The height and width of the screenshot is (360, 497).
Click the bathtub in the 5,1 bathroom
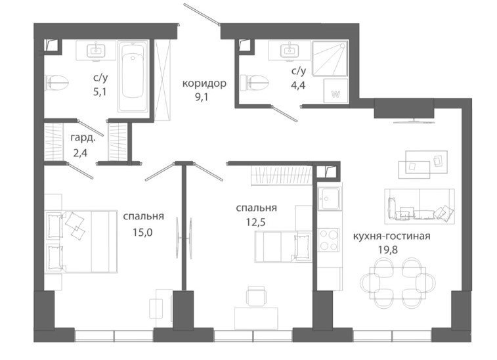click(x=133, y=76)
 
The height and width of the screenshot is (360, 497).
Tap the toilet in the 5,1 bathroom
click(x=57, y=83)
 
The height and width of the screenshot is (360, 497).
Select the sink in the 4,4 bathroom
click(x=290, y=49)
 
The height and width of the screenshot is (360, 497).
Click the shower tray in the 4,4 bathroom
click(x=330, y=58)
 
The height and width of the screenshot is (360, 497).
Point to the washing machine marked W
click(x=335, y=91)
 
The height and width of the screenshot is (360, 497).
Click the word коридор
click(x=204, y=83)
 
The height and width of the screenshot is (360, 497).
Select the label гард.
click(x=83, y=138)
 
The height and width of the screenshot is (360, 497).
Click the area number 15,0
click(x=142, y=233)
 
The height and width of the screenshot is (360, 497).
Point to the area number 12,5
click(x=256, y=222)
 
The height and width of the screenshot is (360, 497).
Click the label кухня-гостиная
click(x=391, y=236)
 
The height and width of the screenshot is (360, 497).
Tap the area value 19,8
click(x=387, y=250)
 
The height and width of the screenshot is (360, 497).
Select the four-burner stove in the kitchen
click(x=328, y=239)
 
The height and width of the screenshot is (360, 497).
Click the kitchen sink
click(x=330, y=198)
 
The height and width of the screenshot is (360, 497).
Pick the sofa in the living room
click(x=420, y=206)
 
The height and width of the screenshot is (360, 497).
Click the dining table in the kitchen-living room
click(x=398, y=282)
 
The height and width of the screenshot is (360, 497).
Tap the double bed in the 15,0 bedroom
click(x=81, y=241)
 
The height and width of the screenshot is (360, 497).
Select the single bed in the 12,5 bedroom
click(x=284, y=247)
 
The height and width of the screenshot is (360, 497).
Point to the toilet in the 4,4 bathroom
click(x=254, y=83)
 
